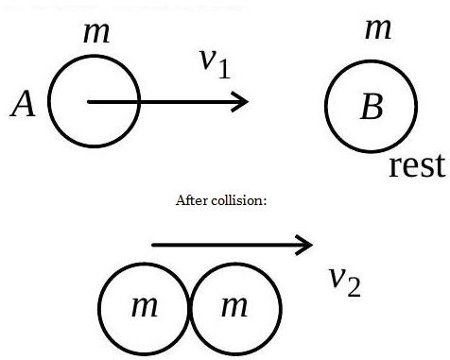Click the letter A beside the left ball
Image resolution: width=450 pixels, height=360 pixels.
[23, 104]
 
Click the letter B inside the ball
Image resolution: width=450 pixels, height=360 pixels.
[372, 106]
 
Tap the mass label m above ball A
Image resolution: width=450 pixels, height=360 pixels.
[96, 33]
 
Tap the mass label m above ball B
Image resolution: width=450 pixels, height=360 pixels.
[378, 29]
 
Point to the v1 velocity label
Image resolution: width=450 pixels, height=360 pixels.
[216, 64]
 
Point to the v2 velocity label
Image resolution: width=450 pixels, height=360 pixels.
[345, 282]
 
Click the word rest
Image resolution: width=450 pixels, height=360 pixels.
[418, 165]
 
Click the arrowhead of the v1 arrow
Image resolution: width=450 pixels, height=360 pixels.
[248, 101]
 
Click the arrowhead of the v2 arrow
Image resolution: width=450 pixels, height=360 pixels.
[312, 245]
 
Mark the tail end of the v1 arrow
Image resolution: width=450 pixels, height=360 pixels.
[88, 101]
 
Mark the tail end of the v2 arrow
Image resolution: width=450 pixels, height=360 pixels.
[152, 245]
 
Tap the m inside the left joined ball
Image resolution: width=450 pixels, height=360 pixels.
[145, 306]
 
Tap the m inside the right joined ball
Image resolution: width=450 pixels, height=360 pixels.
[234, 306]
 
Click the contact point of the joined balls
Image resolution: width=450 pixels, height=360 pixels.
[190, 309]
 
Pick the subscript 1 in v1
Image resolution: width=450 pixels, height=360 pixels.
[224, 69]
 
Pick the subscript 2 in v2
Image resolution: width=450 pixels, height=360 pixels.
[355, 287]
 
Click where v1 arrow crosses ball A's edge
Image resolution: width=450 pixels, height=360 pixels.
[139, 101]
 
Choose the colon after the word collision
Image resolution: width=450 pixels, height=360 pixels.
[265, 202]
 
